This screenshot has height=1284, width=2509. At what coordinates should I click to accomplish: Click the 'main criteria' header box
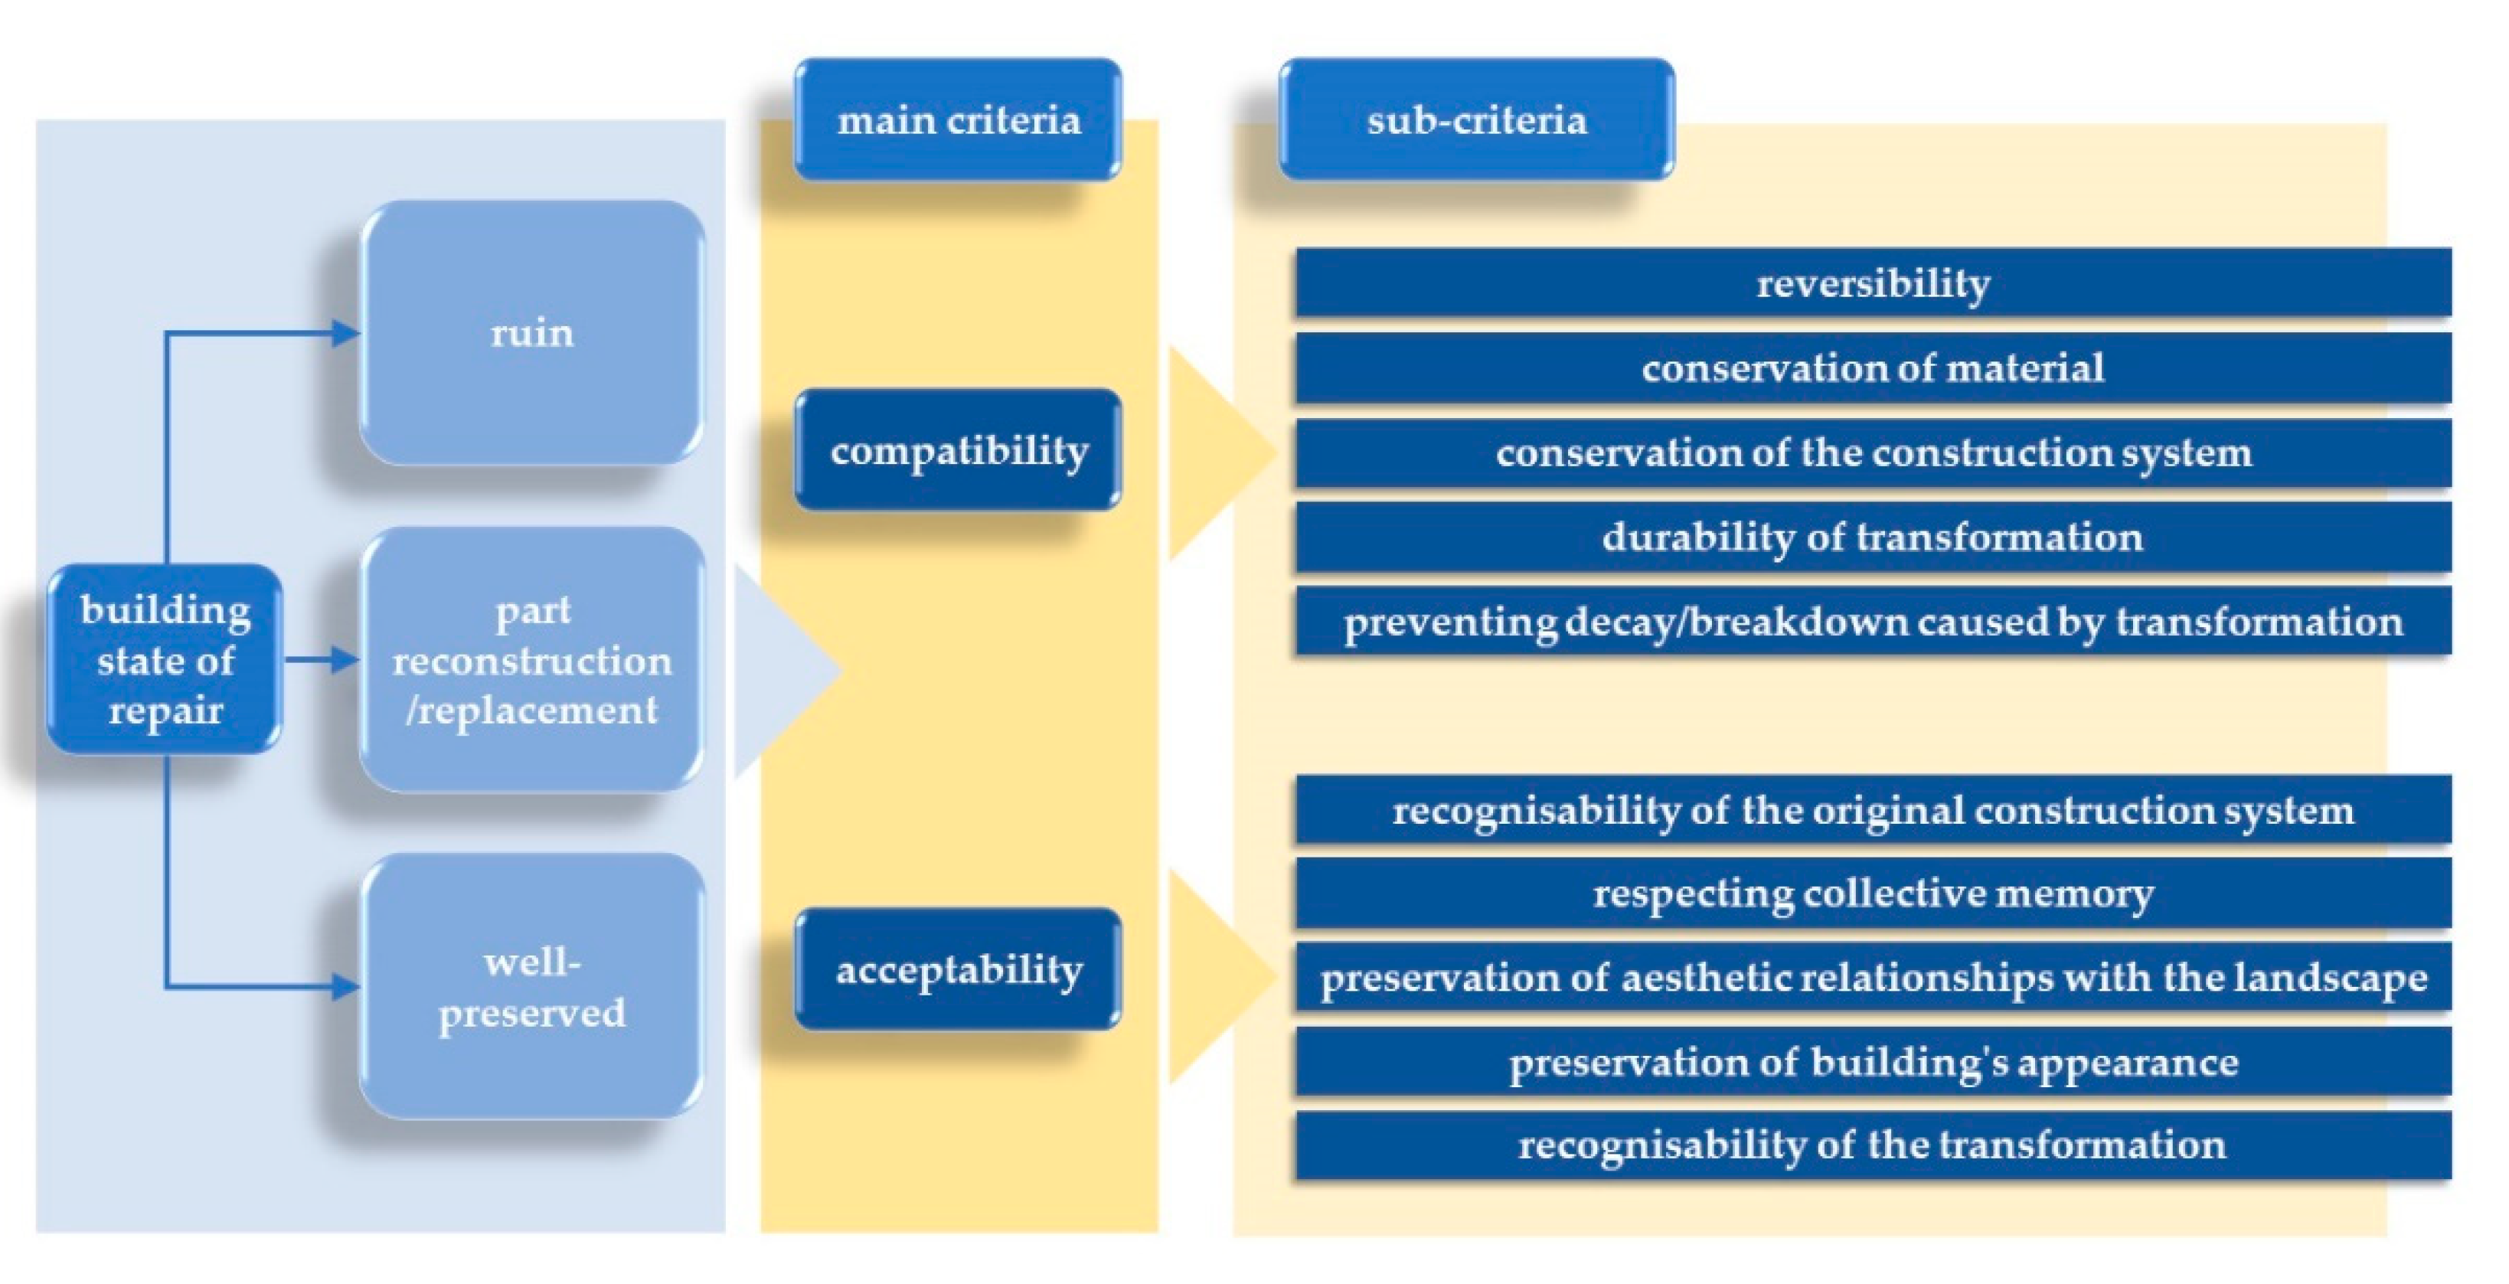959,120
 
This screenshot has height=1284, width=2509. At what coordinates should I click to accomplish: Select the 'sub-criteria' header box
1477,120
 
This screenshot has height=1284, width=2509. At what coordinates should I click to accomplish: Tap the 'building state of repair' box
165,659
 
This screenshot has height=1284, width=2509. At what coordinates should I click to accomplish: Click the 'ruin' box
532,333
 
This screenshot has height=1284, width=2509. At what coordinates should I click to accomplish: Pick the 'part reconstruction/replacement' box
532,659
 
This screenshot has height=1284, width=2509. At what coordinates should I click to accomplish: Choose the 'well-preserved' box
532,986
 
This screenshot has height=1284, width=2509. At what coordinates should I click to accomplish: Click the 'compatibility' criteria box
959,450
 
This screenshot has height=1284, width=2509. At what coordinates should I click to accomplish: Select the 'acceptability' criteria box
959,969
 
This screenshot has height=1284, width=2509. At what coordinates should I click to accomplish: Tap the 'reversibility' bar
1873,283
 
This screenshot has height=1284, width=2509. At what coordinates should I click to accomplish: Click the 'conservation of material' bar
1873,368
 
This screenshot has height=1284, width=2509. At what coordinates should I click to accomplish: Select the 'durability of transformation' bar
1873,537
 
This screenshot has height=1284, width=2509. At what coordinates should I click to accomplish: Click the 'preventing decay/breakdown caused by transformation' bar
1873,622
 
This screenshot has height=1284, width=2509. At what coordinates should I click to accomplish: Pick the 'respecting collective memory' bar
1873,894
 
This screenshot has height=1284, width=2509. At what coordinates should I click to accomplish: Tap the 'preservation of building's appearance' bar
1873,1062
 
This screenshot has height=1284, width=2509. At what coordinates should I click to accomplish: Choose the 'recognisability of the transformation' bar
1873,1145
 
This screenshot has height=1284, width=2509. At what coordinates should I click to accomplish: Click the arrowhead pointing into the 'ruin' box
347,333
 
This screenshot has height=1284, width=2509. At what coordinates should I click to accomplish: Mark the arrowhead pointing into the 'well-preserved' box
347,987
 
